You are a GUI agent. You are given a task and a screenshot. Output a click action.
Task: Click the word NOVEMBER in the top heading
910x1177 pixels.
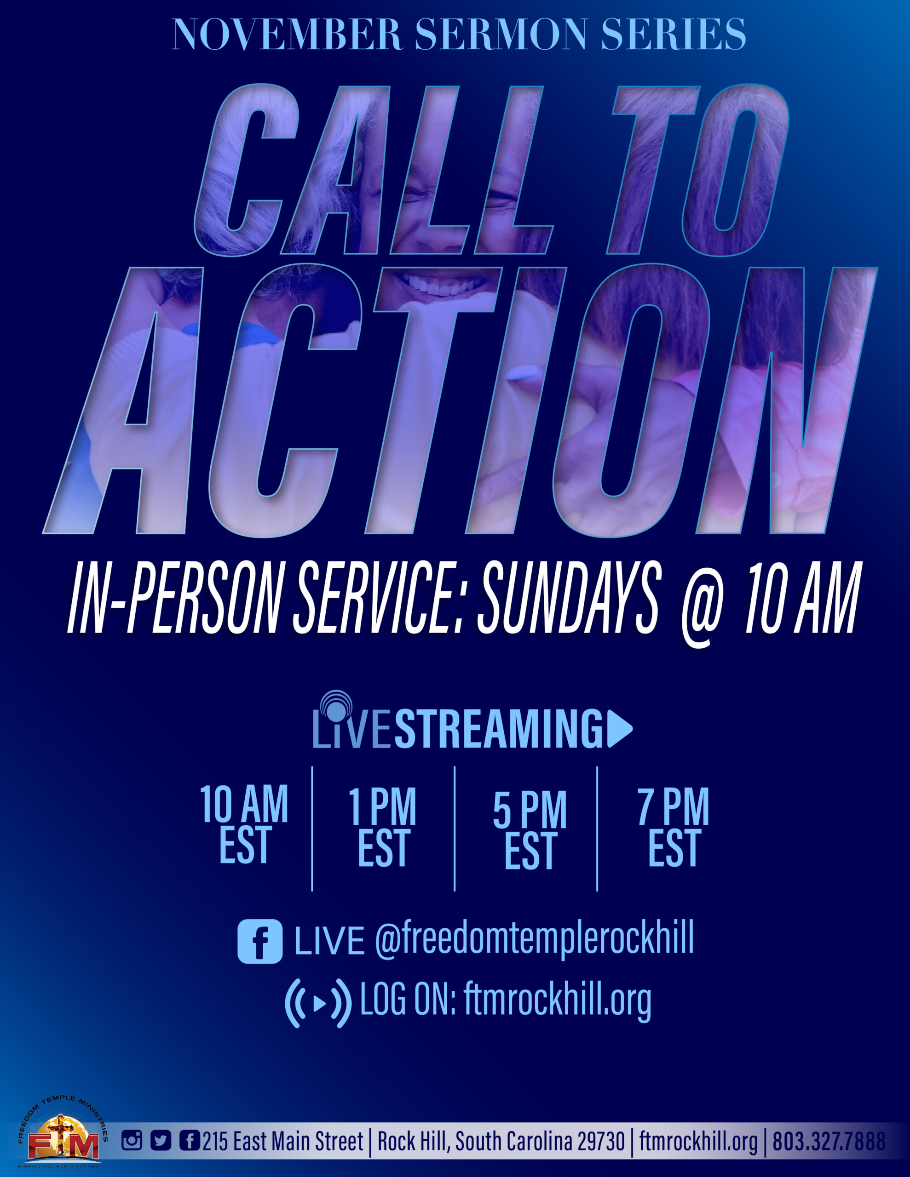point(288,34)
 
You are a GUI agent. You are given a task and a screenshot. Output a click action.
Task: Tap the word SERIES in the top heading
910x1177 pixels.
point(673,34)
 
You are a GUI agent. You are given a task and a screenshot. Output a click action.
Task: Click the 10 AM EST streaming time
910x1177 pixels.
point(244,824)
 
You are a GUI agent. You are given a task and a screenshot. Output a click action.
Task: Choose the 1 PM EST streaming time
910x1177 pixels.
point(383,827)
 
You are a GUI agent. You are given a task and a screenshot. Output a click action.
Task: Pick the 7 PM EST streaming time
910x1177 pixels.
point(674,827)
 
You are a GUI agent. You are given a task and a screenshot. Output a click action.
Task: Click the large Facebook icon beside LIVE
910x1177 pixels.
point(260,942)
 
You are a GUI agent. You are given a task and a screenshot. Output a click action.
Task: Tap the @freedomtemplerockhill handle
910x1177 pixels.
point(534,939)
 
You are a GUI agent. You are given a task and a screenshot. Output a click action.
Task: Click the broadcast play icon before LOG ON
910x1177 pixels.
point(318,1004)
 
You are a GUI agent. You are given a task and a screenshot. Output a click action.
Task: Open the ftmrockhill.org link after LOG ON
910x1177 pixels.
point(557,1001)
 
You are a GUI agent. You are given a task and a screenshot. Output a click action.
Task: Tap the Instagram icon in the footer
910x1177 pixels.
point(132,1140)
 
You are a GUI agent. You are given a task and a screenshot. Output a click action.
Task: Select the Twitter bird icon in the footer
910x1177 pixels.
point(160,1140)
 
